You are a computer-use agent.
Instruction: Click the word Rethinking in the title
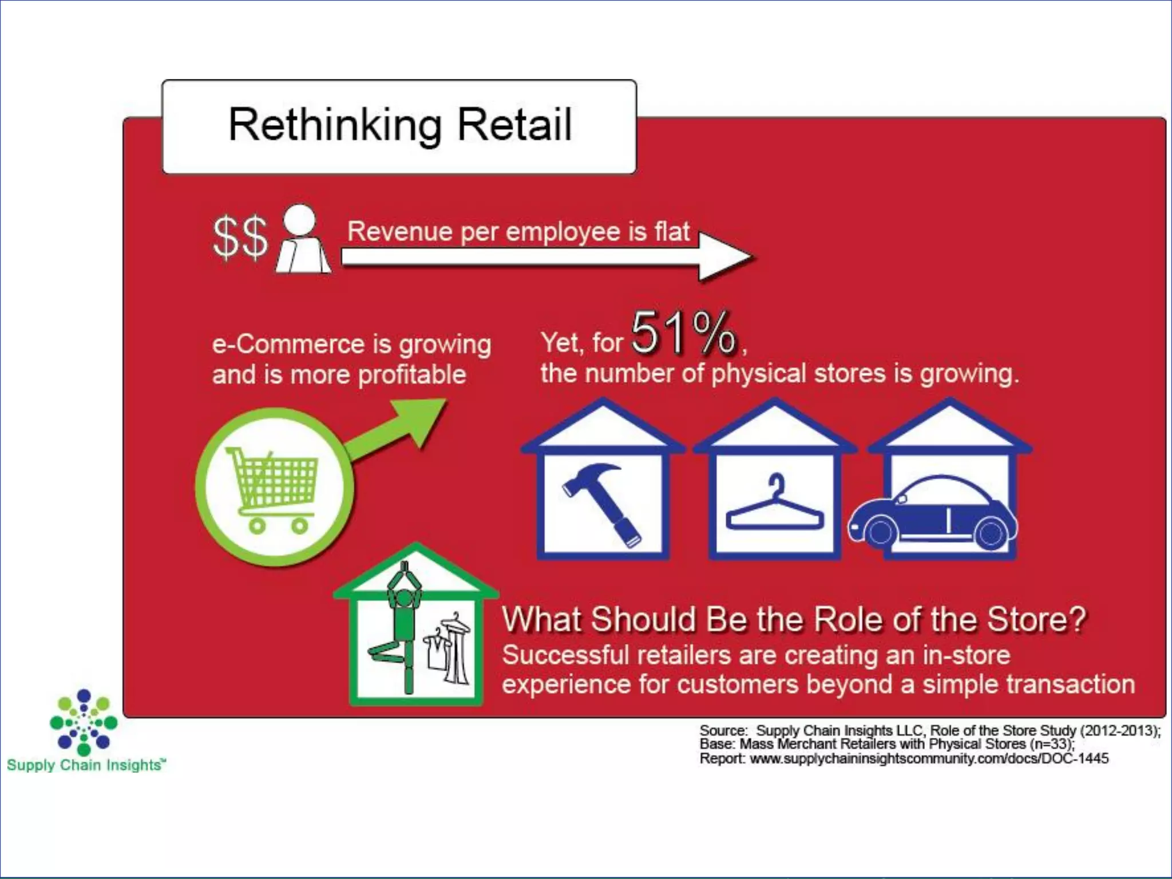[335, 125]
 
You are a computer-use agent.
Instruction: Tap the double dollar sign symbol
[240, 237]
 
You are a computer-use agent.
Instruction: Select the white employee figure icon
[302, 240]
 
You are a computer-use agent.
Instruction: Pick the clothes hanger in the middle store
[774, 506]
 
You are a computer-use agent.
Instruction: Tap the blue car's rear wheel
[991, 533]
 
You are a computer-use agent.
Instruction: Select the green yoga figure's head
[405, 599]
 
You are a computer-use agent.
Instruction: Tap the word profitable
[412, 375]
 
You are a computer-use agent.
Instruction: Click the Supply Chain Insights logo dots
[84, 722]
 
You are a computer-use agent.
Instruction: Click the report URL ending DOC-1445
[928, 759]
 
